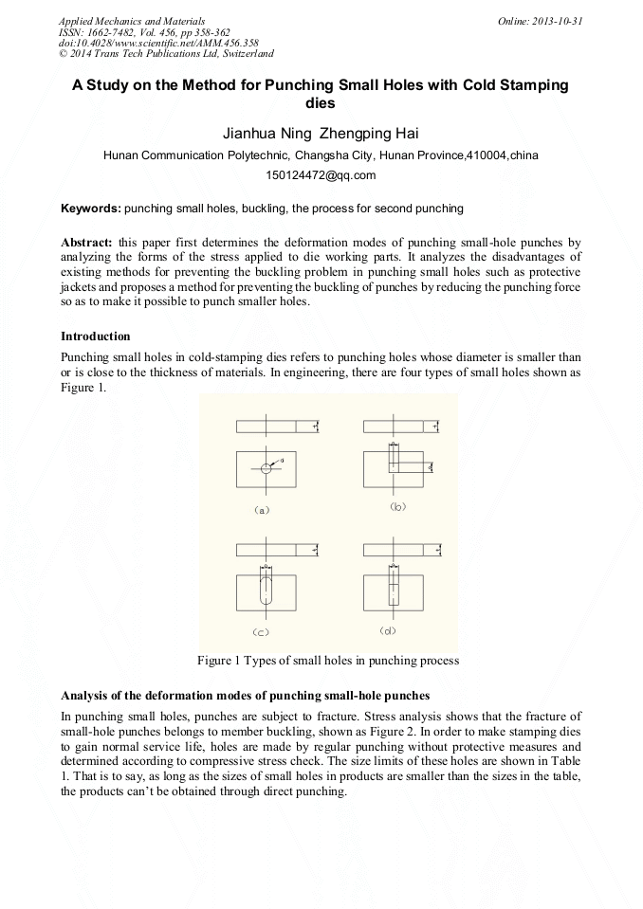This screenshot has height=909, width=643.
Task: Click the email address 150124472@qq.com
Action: click(x=321, y=175)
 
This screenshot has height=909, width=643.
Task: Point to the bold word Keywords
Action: click(x=90, y=208)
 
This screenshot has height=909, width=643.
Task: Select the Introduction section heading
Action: click(x=96, y=336)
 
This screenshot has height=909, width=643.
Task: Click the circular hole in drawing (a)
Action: click(x=267, y=468)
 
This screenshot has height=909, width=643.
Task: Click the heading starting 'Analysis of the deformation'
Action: click(x=247, y=695)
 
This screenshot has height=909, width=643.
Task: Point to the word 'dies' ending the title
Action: click(x=321, y=102)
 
